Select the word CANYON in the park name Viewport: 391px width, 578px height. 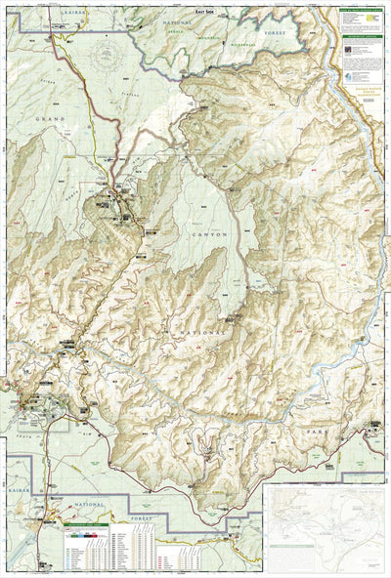[x=207, y=234]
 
